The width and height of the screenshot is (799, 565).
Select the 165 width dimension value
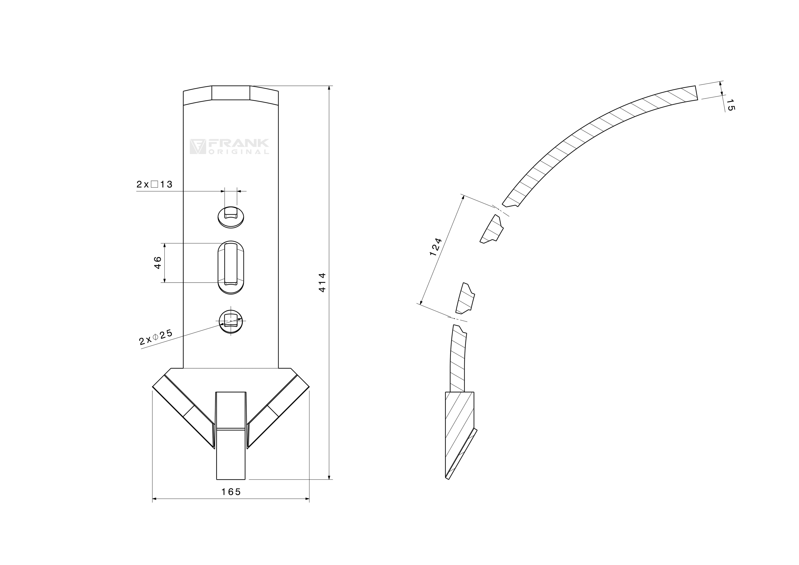[231, 492]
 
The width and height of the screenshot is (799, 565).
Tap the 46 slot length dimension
[158, 262]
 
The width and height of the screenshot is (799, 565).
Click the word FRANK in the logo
[238, 143]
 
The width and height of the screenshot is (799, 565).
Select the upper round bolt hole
[231, 217]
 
